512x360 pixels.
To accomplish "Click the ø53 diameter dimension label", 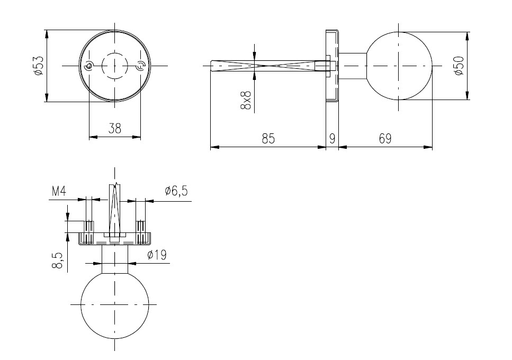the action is click(38, 66).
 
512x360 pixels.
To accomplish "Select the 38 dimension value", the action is click(115, 128).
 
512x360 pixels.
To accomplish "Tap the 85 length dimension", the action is click(268, 139).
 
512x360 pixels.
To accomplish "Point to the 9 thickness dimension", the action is click(332, 139).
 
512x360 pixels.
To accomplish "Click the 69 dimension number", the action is click(385, 139).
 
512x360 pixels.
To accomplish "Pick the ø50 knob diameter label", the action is click(459, 66).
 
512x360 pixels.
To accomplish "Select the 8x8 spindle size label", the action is click(246, 100).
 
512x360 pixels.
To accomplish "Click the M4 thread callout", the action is click(59, 191).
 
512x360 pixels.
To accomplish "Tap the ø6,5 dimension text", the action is click(176, 191).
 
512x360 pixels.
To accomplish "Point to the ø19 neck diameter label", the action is click(157, 255).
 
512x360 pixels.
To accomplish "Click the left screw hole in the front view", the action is click(89, 66).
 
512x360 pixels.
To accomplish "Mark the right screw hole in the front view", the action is click(140, 66).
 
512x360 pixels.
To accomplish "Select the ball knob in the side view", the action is click(399, 66).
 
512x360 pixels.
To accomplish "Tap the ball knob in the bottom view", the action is click(114, 305).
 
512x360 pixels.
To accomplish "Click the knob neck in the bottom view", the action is click(114, 259).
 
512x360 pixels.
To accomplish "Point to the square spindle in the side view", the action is click(268, 66).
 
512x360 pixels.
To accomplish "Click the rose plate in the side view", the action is click(333, 66).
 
